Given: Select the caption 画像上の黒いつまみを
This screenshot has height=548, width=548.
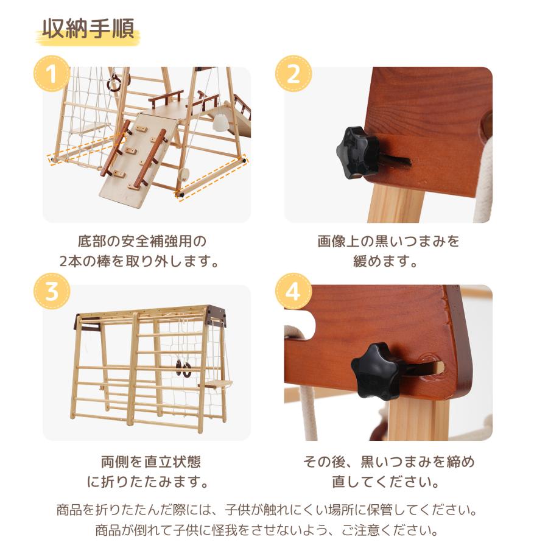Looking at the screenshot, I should (x=388, y=241).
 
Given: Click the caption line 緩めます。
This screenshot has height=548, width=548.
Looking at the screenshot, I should (x=388, y=262).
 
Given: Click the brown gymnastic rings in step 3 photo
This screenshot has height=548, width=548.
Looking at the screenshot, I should (x=182, y=367).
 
